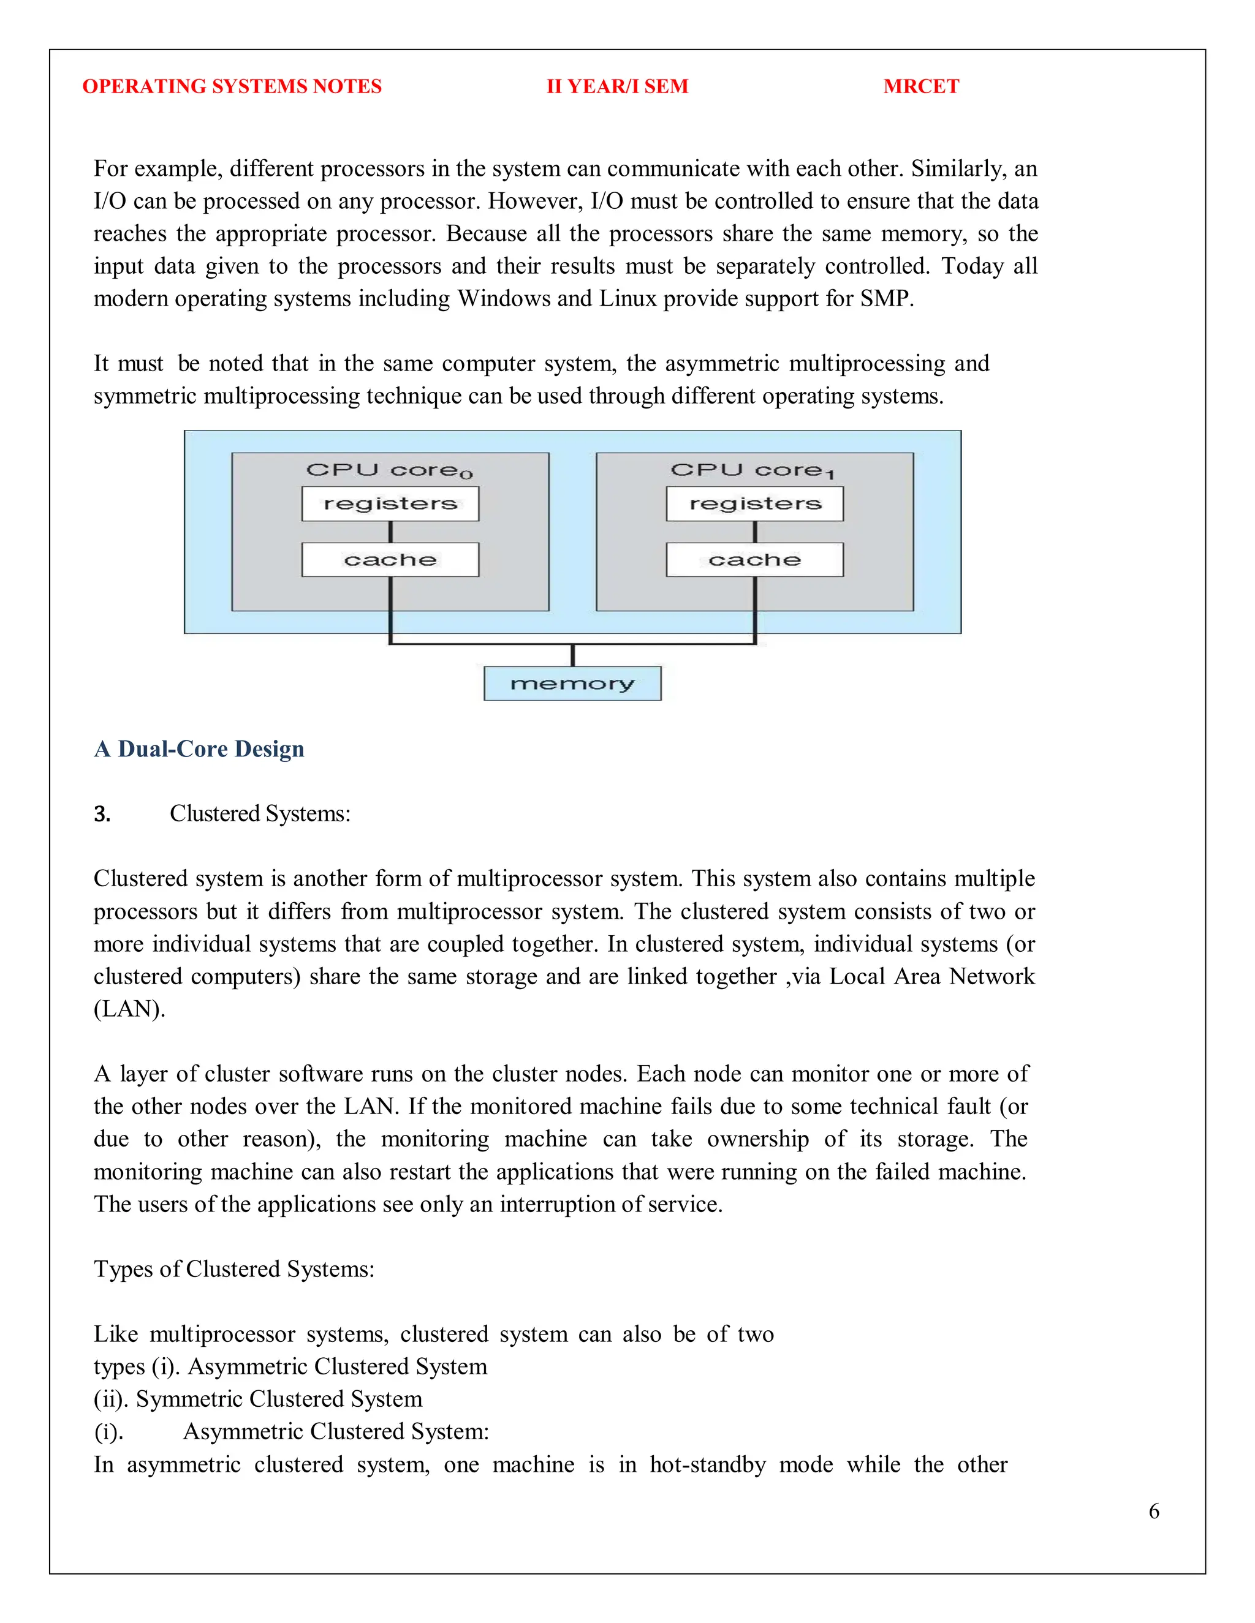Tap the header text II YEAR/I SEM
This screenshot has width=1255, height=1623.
(617, 86)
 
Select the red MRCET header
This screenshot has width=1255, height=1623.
(920, 86)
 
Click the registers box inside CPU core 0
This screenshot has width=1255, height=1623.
(390, 504)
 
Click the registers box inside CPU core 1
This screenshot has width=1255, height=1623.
(754, 504)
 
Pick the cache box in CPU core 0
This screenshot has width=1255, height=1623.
(390, 560)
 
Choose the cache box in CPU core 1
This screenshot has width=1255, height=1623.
(754, 560)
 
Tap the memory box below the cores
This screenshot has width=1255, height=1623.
(572, 683)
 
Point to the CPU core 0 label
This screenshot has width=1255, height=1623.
(389, 470)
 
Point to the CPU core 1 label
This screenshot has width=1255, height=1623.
(753, 470)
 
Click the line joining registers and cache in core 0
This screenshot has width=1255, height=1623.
(390, 532)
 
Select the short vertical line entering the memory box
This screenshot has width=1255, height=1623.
(572, 656)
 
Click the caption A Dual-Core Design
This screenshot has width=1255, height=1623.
(199, 748)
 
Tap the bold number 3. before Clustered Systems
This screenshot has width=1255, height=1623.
(102, 815)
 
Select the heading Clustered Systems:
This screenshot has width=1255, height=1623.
(259, 814)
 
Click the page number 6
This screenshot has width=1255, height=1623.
(1153, 1511)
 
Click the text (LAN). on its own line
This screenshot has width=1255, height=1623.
(129, 1009)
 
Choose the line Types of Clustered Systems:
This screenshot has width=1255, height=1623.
(234, 1269)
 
